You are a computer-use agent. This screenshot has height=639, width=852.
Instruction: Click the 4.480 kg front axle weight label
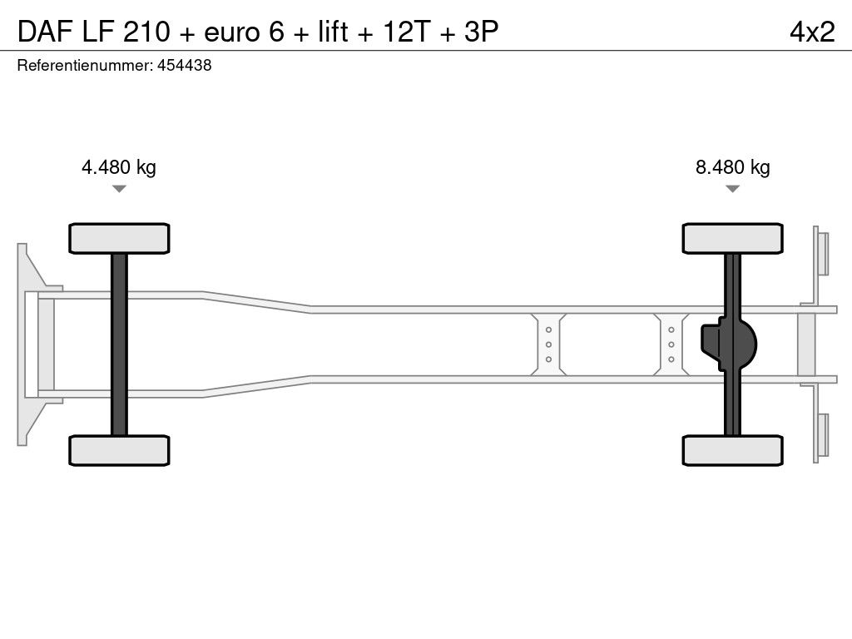coord(118,166)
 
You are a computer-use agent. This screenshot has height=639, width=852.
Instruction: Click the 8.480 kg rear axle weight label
coord(732,166)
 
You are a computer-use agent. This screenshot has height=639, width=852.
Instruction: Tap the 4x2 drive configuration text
coord(812,32)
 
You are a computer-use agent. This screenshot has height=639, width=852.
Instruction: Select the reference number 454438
coord(184,65)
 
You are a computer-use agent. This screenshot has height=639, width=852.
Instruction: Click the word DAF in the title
coord(46,32)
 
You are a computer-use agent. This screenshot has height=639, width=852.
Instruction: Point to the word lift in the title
coord(333,32)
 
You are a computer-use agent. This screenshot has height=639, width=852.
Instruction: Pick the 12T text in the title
coord(406,32)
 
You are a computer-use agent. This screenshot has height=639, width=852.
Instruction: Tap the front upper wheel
coord(119,239)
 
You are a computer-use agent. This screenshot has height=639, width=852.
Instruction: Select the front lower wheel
coord(119,450)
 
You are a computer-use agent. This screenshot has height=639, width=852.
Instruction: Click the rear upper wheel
coord(732,239)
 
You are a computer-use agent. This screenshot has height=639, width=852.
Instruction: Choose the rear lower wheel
coord(732,450)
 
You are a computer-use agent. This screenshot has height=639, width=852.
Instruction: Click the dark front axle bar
coord(119,344)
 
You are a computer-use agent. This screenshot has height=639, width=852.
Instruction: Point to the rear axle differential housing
coord(728,344)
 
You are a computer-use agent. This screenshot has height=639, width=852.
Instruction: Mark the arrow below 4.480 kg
coord(119,189)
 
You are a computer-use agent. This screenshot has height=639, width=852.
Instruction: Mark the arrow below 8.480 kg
coord(732,189)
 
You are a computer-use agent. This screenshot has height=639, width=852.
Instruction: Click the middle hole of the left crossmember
coord(549,344)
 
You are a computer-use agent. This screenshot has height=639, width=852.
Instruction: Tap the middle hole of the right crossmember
coord(671,344)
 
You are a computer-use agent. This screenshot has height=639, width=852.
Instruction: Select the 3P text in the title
coord(482,32)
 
